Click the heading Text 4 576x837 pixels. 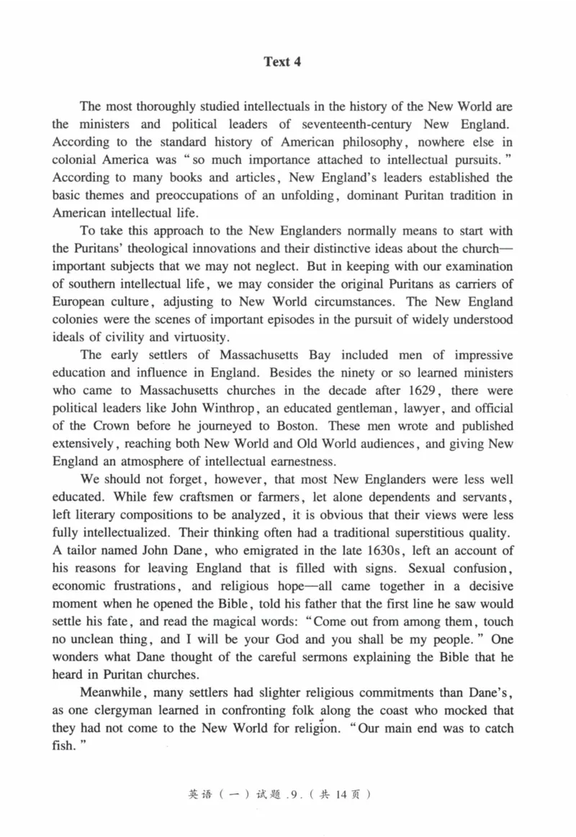[x=282, y=62]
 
